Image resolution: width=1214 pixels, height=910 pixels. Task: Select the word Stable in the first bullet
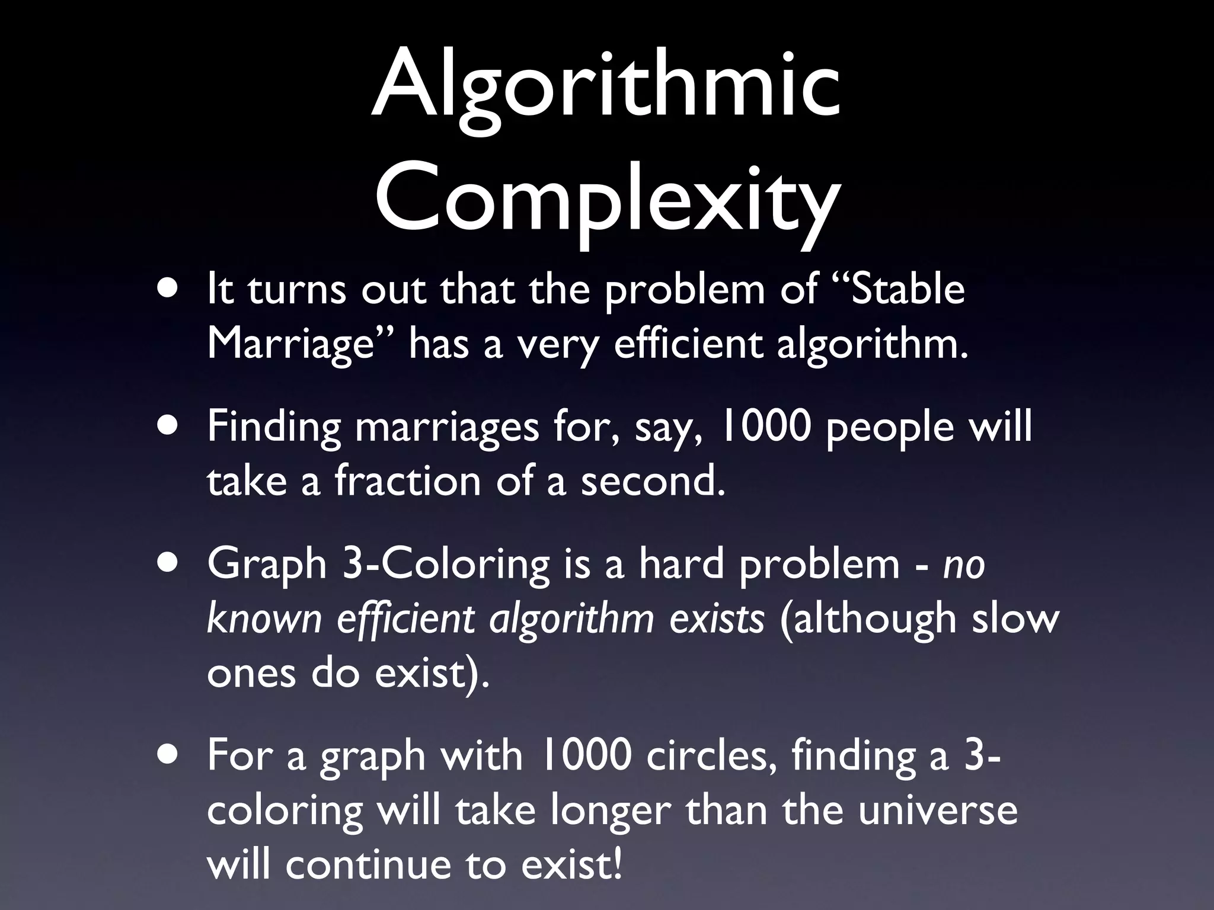click(x=907, y=290)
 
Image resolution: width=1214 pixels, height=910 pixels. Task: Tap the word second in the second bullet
click(x=652, y=480)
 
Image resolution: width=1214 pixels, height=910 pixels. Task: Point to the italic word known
click(x=264, y=619)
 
